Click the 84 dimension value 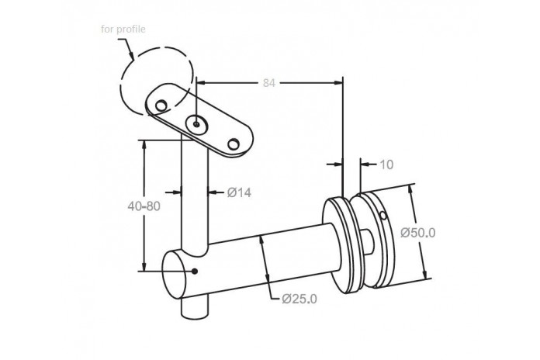[x=269, y=83]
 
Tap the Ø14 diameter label [x=239, y=192]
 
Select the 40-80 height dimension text [x=144, y=206]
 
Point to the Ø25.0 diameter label [x=299, y=299]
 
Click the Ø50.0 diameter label [x=417, y=233]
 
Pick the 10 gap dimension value [x=386, y=164]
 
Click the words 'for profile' [x=123, y=29]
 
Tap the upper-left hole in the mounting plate [x=161, y=105]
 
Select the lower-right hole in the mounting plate [x=234, y=144]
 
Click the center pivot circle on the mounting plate [x=196, y=124]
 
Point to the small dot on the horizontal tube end [x=195, y=271]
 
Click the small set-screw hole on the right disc [x=383, y=216]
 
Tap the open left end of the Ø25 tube [x=175, y=275]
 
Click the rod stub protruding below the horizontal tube [x=195, y=307]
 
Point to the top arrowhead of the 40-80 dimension [x=144, y=144]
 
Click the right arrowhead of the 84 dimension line [x=338, y=82]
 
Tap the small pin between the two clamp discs [x=369, y=242]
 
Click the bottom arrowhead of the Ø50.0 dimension [x=426, y=274]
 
